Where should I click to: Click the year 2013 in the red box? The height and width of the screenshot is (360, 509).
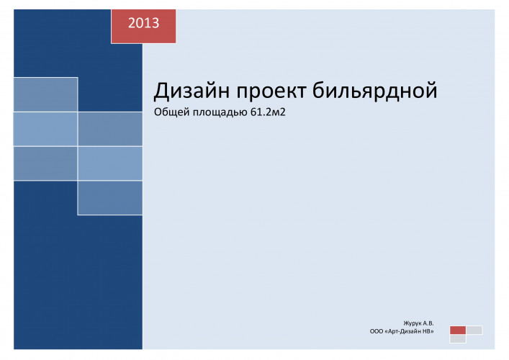click(x=143, y=23)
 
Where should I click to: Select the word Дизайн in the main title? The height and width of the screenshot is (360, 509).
click(x=192, y=91)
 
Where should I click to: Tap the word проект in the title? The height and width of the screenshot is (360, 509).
click(x=271, y=91)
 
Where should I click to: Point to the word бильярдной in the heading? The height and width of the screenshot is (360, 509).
click(x=374, y=90)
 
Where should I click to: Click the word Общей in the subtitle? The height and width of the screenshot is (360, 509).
click(x=171, y=112)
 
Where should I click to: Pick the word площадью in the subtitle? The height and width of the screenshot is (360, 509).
click(x=220, y=112)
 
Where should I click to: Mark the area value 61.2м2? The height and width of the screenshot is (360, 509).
click(x=268, y=112)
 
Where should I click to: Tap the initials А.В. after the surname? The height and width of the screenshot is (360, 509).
click(x=428, y=323)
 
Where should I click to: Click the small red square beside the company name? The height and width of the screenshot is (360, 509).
click(x=458, y=330)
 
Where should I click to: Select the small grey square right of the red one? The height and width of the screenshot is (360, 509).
click(x=474, y=330)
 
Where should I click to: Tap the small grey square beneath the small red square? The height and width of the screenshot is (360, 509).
click(x=458, y=339)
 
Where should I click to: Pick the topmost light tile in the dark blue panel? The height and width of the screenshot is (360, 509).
click(x=45, y=94)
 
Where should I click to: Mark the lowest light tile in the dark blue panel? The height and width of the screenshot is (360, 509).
click(x=110, y=198)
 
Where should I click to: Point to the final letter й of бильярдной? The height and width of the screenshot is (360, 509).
click(x=431, y=90)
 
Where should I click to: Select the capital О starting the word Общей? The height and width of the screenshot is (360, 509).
click(x=158, y=112)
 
